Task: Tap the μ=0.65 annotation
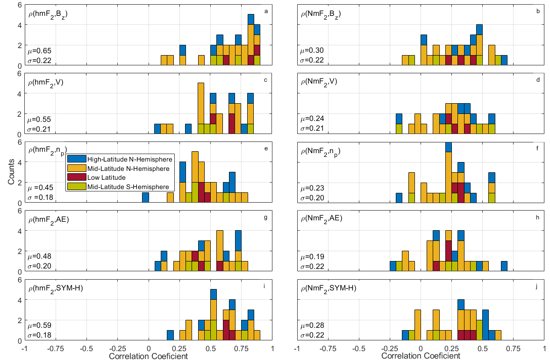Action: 39,50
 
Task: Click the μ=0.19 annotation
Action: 312,257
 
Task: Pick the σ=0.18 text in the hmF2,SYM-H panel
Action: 39,335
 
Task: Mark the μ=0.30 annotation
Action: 312,50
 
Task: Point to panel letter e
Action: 265,148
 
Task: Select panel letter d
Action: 538,80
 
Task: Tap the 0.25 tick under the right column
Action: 451,348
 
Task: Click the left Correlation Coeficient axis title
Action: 148,356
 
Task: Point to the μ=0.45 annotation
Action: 39,188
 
